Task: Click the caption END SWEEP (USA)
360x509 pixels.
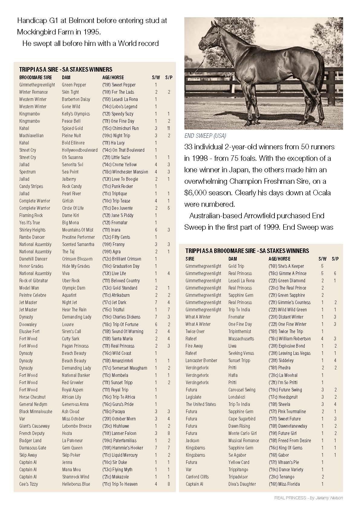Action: click(x=205, y=136)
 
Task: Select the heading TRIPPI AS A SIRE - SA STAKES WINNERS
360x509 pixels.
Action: click(x=66, y=70)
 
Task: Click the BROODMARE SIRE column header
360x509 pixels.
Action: click(x=36, y=77)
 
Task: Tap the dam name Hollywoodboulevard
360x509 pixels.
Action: click(x=80, y=150)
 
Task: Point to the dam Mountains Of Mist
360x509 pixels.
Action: click(x=78, y=230)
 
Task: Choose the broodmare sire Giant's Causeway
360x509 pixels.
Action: click(x=34, y=426)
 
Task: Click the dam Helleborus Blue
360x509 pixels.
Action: click(x=76, y=484)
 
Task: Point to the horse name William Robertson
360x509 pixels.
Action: click(x=294, y=339)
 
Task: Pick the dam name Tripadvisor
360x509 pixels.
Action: click(x=238, y=477)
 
